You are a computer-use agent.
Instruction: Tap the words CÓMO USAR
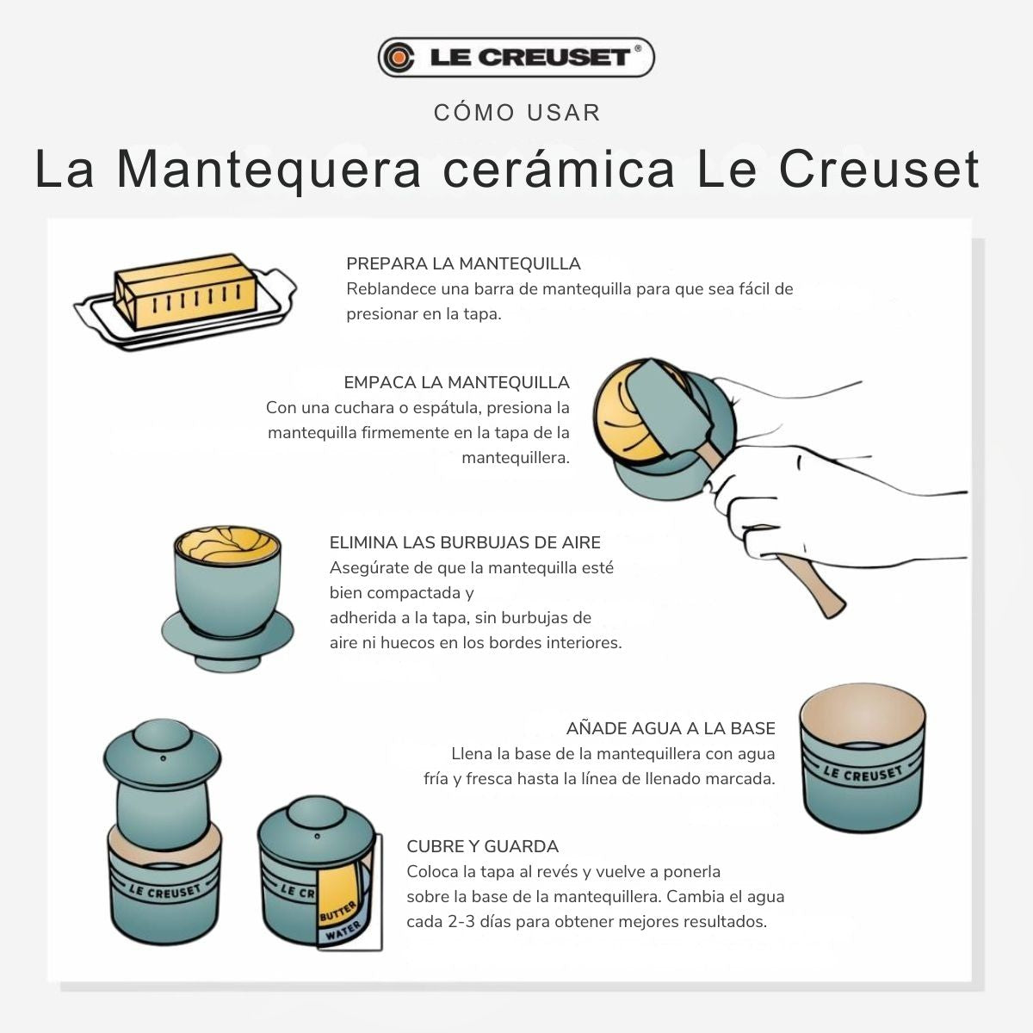(516, 113)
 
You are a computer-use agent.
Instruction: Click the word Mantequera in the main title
(269, 170)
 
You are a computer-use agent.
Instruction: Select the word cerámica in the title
(558, 170)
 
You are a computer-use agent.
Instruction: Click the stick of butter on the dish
(185, 291)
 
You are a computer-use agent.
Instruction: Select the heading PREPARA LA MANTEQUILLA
(463, 263)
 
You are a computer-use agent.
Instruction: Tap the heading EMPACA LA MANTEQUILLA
(456, 382)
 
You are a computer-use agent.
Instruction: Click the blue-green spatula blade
(669, 408)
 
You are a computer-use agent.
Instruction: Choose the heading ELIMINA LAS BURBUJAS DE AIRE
(465, 542)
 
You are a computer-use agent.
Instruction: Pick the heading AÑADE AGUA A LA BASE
(671, 728)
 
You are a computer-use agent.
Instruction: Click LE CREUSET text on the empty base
(863, 773)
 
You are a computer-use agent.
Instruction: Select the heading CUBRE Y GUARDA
(482, 846)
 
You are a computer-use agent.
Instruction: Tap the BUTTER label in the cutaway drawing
(337, 911)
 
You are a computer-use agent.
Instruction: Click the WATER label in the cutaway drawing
(343, 931)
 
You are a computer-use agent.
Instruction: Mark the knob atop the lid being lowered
(161, 735)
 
